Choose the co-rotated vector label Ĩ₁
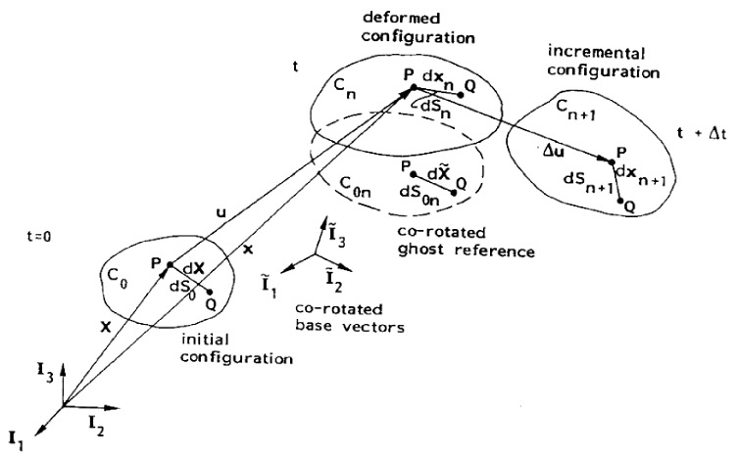[266, 282]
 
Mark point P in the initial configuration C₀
[169, 264]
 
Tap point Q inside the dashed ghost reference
[455, 192]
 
